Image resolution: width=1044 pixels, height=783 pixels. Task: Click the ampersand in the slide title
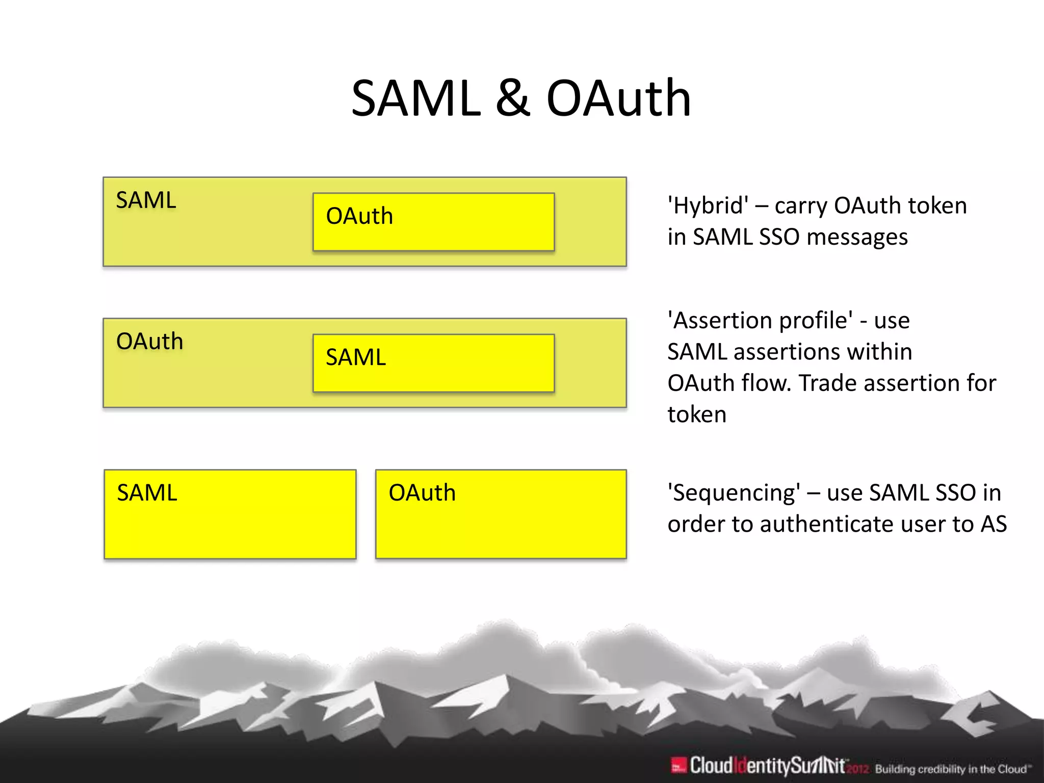coord(513,98)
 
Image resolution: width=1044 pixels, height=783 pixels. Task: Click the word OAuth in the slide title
coord(618,98)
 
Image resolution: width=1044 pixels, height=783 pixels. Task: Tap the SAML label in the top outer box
coord(146,200)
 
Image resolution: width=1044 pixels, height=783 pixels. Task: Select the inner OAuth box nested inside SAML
coord(433,222)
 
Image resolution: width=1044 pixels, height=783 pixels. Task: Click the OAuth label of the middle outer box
coord(149,342)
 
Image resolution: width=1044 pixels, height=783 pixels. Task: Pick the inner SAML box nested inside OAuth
coord(433,363)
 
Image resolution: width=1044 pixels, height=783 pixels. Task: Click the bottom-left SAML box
coord(230,514)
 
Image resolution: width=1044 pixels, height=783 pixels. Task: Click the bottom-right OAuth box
coord(501,514)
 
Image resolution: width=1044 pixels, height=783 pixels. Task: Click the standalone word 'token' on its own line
coord(697,414)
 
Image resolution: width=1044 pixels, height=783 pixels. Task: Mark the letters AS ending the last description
coord(994,525)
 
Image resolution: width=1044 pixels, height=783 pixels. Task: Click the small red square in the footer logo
coord(678,766)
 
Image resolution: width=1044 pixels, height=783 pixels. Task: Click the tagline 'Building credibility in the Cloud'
coord(951,769)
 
